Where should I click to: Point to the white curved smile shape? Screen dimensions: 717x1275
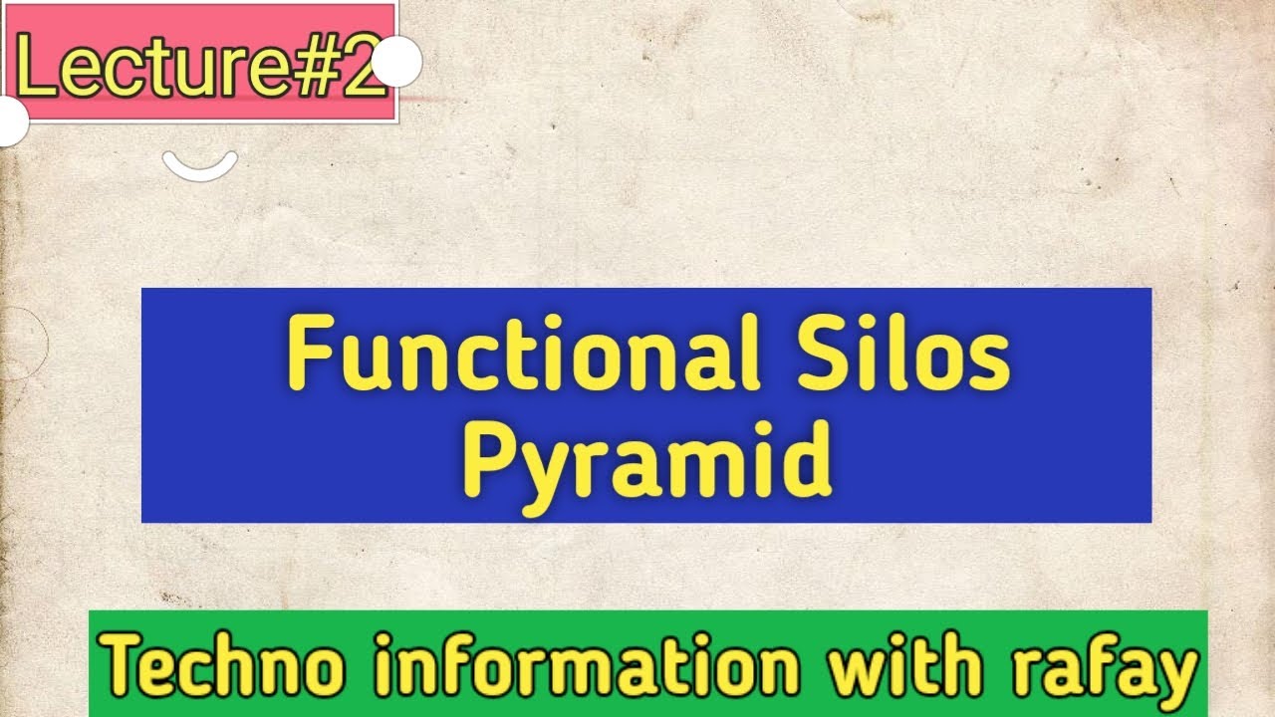200,165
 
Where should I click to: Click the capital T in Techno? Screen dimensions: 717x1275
125,664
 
